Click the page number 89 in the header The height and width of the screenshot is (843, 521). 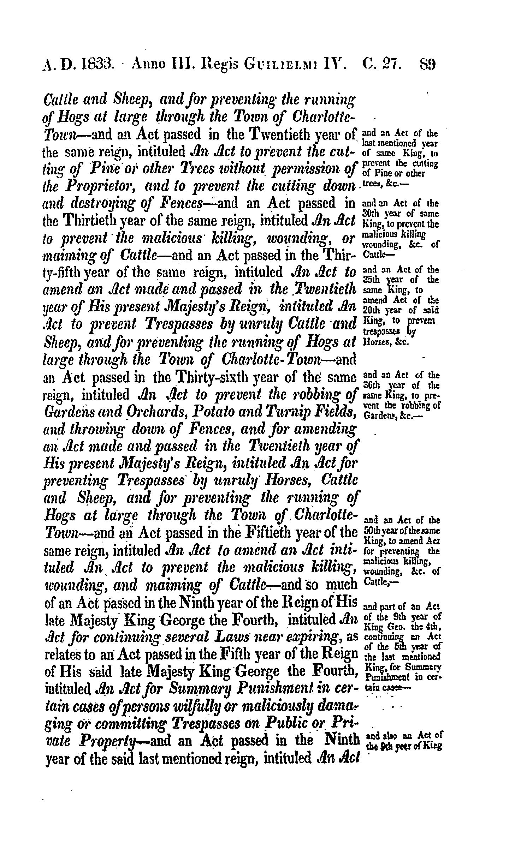click(428, 65)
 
